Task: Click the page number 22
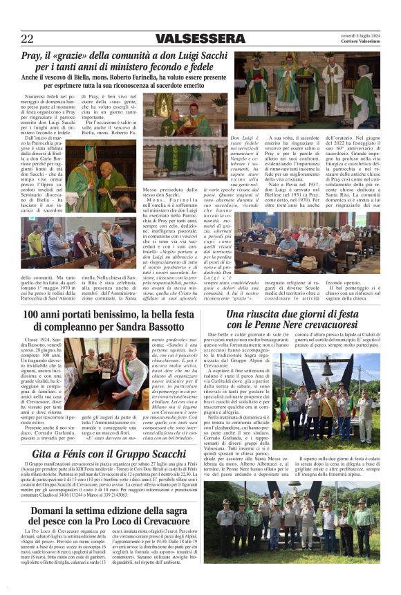pos(27,39)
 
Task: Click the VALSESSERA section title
pos(200,39)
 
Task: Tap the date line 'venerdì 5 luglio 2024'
pos(359,35)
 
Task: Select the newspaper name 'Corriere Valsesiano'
pos(359,42)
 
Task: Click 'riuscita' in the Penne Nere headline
pos(265,314)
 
